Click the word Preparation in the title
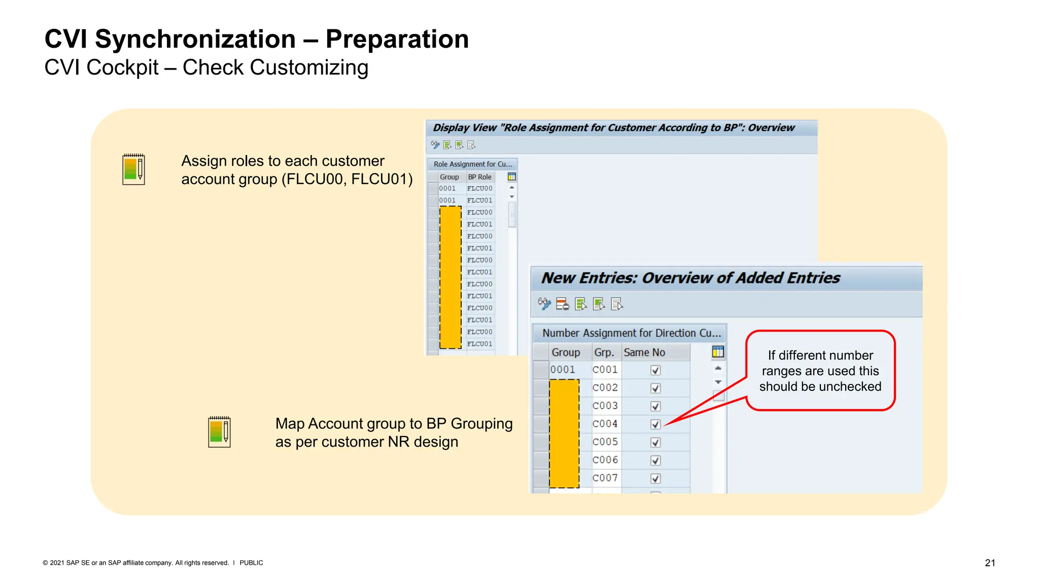pos(397,39)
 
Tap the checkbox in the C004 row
pos(655,424)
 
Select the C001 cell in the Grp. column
pos(605,370)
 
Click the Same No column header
pos(644,352)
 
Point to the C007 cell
pos(605,478)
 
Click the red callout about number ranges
pos(820,371)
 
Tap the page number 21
pos(990,563)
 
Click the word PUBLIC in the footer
pos(251,563)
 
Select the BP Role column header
pos(479,177)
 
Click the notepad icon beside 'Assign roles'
pos(134,169)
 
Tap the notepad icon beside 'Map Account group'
pos(219,432)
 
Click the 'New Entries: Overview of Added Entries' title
pos(690,278)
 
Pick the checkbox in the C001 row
pos(655,370)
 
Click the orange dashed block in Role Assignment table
pos(450,277)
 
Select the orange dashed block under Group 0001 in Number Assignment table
pos(564,433)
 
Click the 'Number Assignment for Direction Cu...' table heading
pos(631,333)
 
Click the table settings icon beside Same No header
pos(718,352)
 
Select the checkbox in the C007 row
pos(655,479)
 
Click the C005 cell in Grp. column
pos(605,442)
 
